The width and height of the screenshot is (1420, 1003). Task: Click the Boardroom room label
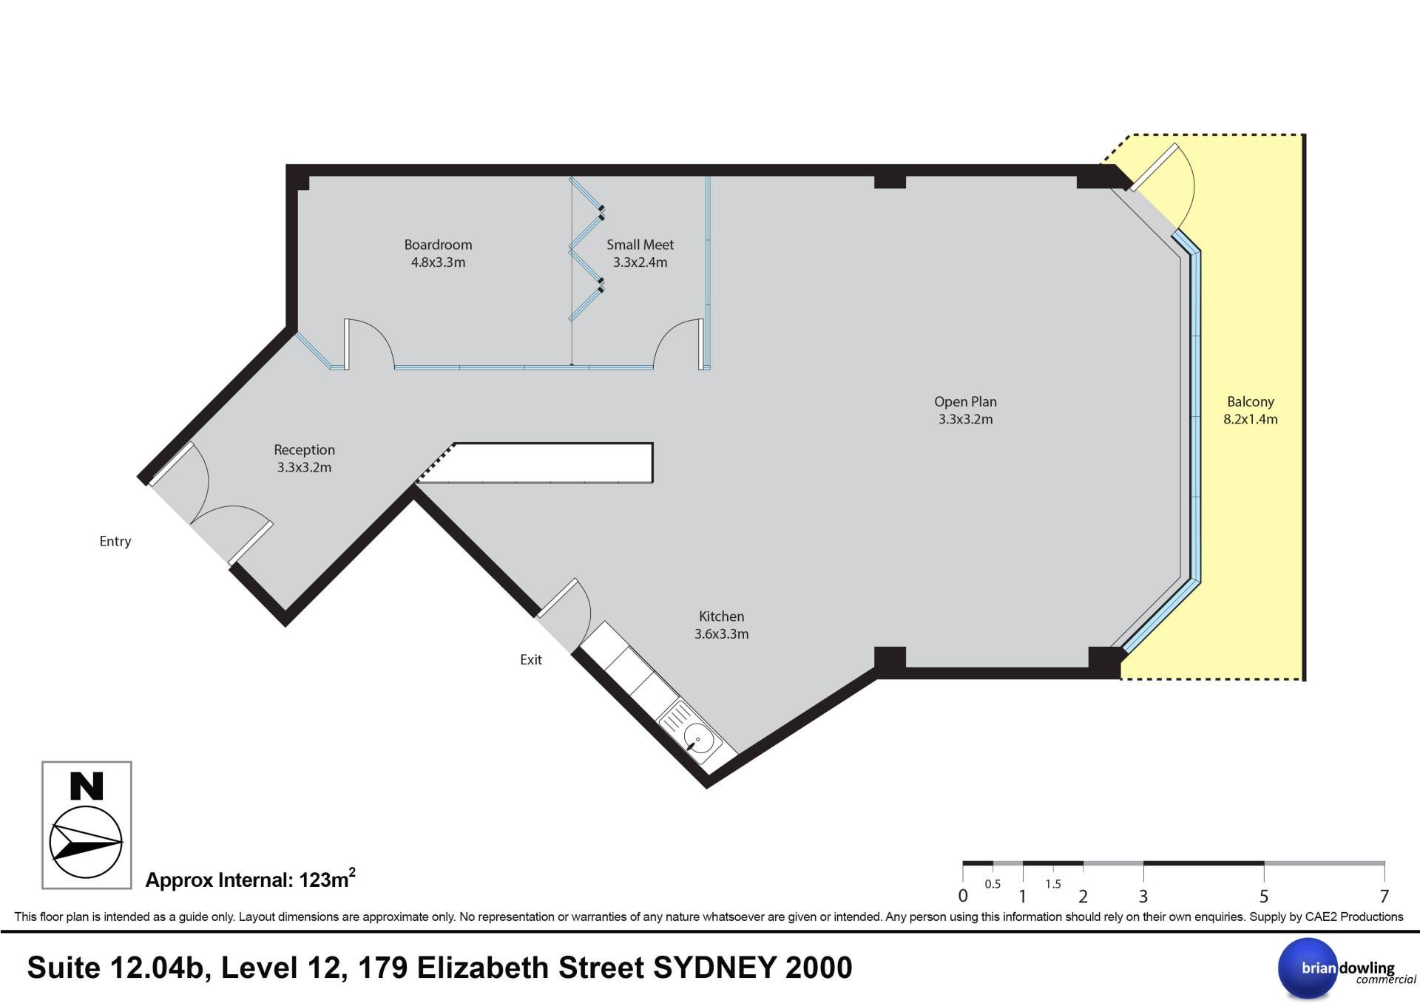(x=438, y=245)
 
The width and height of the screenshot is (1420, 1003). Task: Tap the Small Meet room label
(x=640, y=245)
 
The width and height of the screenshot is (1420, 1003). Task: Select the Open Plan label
(x=965, y=402)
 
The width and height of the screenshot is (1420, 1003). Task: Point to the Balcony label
(x=1250, y=402)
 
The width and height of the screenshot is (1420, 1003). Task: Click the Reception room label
(x=304, y=450)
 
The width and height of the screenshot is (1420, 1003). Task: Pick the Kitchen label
(x=721, y=616)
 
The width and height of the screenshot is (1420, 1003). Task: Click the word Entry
(x=115, y=542)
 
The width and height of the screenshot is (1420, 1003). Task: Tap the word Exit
(x=531, y=660)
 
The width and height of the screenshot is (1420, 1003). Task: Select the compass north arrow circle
(x=86, y=843)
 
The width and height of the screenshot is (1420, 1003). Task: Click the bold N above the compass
(x=87, y=786)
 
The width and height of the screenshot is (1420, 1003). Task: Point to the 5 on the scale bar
(x=1264, y=897)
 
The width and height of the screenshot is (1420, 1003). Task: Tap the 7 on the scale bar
(x=1384, y=897)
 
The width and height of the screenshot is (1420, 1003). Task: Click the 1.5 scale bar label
(x=1053, y=884)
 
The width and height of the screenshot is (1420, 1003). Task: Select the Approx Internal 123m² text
(x=250, y=879)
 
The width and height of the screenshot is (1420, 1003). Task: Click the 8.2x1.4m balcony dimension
(x=1250, y=419)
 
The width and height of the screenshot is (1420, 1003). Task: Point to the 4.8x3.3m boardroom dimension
(x=438, y=262)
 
